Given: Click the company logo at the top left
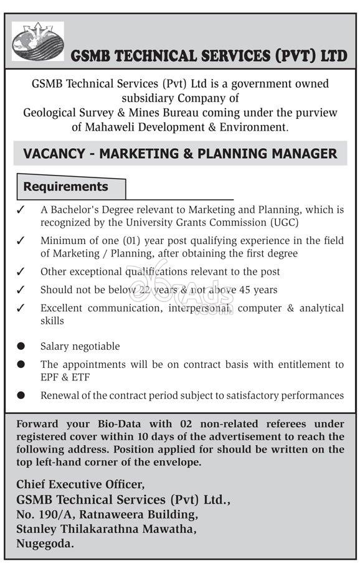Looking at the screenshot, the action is (x=37, y=42).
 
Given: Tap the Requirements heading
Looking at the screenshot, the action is (x=65, y=187).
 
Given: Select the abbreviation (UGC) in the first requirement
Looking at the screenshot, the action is (x=285, y=222).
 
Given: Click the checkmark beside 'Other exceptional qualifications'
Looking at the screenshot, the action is (x=21, y=271).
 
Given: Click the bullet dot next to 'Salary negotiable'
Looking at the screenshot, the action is (x=21, y=346).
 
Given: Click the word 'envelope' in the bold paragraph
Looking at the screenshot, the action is (x=178, y=462).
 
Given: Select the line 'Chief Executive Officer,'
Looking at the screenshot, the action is (x=80, y=484).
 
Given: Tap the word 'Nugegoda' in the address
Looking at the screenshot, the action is (x=44, y=543).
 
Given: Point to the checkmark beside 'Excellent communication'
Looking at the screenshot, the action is (x=21, y=308).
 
